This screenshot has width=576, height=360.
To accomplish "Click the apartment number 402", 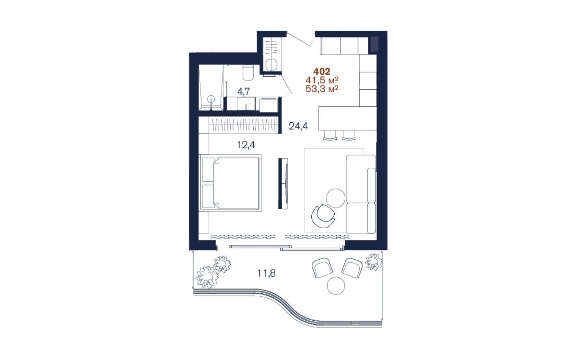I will pos(322,72).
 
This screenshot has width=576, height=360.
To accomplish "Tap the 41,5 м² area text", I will pos(322,80).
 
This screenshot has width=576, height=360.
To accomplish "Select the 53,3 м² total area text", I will pos(322,88).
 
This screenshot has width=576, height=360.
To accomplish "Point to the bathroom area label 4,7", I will pos(244,92).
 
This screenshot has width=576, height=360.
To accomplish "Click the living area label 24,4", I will pos(298,126).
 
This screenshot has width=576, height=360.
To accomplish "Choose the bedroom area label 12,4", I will pos(246,144).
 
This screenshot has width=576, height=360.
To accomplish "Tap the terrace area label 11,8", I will pos(266,273).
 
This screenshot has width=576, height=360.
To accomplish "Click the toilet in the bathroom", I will pos(248,73).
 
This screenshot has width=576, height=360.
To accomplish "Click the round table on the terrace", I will pos(336,286).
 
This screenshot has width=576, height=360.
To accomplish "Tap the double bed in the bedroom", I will pos(230,183).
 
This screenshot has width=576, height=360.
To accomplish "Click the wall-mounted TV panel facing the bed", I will pos(282,183).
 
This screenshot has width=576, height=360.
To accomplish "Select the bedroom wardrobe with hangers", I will pos(244,125).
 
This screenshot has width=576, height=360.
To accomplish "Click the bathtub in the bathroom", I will pos(211,88).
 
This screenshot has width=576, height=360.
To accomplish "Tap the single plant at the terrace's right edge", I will pos(373,261).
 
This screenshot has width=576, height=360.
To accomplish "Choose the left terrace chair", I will pos(322,267).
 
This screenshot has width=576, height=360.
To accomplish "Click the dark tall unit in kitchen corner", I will pos(374,44).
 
